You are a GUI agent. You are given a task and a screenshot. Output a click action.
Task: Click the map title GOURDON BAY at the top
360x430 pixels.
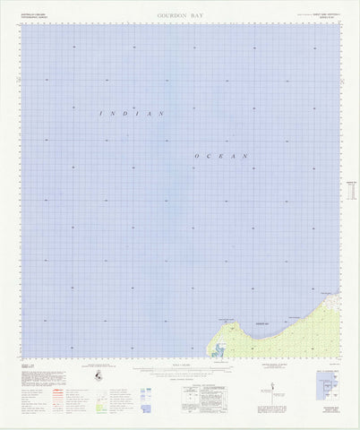(x=180, y=15)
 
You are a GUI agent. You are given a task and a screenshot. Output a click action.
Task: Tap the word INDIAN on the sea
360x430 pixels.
(x=132, y=115)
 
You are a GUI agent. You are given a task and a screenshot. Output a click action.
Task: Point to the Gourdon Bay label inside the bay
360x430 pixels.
(x=261, y=322)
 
